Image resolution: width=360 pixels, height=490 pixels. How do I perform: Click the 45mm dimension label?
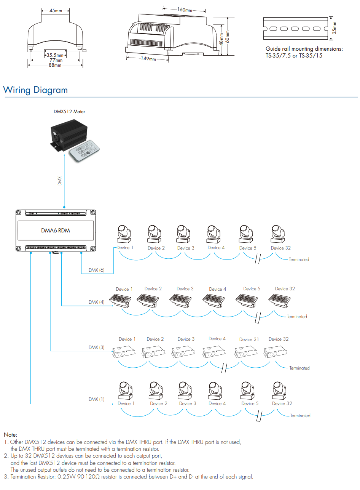(56, 11)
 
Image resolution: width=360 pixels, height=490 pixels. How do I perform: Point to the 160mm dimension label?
(184, 10)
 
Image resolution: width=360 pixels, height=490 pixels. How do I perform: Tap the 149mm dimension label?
(148, 58)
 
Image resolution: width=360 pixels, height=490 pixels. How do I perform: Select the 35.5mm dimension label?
(55, 55)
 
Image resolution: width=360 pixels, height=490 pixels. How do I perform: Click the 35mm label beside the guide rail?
(334, 28)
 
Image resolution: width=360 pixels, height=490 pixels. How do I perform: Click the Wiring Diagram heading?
(35, 90)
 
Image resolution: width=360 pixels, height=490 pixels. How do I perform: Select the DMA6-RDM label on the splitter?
(56, 231)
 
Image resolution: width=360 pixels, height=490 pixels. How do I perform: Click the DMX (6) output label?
(96, 270)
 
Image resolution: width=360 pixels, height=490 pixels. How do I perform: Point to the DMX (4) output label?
(96, 302)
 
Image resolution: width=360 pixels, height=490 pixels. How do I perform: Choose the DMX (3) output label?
(96, 347)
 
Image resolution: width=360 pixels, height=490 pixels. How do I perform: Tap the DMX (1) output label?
(96, 399)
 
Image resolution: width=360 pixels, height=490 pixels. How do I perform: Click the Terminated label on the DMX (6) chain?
(299, 259)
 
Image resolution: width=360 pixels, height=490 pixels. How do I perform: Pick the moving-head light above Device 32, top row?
(278, 234)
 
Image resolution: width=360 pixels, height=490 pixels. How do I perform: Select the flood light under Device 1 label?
(120, 300)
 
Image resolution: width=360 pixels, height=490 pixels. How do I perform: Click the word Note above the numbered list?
(10, 435)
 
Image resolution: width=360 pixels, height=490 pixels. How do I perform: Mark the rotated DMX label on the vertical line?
(59, 181)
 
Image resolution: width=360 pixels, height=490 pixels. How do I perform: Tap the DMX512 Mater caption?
(69, 112)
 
